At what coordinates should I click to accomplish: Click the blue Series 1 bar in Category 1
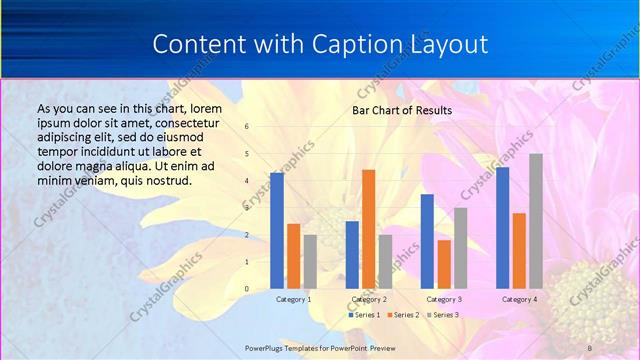click(277, 230)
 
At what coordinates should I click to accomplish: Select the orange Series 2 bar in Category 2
click(368, 229)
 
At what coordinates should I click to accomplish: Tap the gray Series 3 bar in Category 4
click(536, 221)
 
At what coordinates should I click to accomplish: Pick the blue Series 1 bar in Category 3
click(427, 241)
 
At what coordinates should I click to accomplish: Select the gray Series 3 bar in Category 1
click(310, 262)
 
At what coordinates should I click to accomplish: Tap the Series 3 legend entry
click(444, 315)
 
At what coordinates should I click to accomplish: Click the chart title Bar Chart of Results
click(402, 110)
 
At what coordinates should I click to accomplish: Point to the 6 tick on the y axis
click(247, 127)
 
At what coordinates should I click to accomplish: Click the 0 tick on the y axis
click(247, 289)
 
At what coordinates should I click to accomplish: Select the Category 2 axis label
click(369, 299)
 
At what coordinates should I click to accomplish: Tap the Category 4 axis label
click(519, 299)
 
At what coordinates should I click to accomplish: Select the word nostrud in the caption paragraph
click(166, 180)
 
